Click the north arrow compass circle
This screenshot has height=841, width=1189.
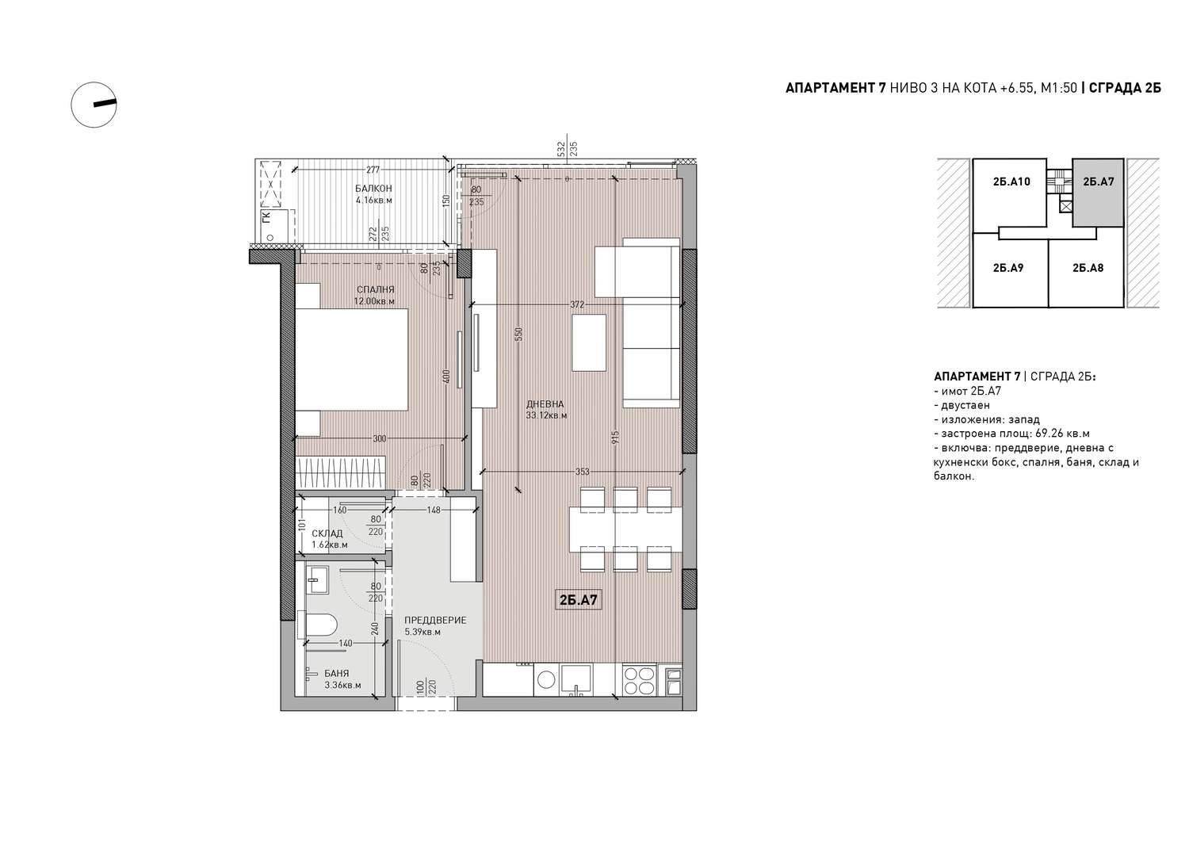71,105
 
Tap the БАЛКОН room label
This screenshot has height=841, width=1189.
373,189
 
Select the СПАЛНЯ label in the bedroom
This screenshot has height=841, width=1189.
375,289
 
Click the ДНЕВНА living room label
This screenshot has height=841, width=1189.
545,403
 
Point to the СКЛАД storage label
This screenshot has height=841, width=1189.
327,533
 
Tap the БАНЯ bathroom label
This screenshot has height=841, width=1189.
337,673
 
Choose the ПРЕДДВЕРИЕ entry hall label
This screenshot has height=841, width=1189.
435,620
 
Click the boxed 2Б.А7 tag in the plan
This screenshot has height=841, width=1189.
579,601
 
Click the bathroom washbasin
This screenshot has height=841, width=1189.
318,579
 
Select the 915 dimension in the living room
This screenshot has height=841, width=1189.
615,438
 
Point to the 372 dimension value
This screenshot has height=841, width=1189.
577,304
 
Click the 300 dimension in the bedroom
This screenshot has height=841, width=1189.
380,438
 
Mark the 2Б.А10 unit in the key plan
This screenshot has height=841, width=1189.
1011,182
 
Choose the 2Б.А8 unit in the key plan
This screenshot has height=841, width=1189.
1088,268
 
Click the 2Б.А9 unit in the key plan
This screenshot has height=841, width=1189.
1008,268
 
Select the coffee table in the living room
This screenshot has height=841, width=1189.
589,342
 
